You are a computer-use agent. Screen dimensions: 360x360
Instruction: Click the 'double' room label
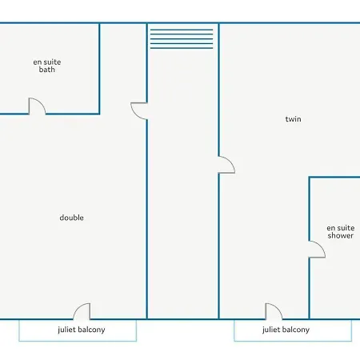71,218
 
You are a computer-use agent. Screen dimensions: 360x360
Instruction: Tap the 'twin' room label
293,119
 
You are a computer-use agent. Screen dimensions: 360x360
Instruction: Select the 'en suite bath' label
47,66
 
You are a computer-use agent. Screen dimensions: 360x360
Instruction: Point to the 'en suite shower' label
341,232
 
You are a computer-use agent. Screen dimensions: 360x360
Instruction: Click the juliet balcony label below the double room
82,330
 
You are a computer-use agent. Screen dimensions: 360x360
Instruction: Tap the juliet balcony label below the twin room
286,330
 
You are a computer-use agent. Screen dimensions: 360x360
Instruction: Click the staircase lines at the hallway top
182,39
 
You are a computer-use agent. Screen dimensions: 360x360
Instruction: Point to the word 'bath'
47,70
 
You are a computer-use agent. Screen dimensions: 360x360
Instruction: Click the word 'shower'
341,236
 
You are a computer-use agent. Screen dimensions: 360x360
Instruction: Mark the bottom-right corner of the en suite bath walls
99,114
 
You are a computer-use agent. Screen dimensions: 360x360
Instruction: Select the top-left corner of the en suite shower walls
310,177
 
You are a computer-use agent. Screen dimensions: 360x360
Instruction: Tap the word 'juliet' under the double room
66,330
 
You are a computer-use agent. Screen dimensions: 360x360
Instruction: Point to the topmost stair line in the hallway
182,30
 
